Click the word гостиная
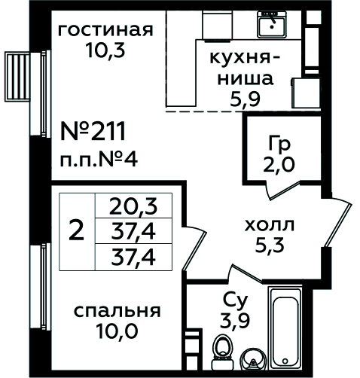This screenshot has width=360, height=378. pos(105,31)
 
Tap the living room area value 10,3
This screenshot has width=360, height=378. pos(105,50)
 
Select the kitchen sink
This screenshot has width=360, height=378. pos(272,24)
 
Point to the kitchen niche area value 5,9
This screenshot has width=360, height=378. pos(245,99)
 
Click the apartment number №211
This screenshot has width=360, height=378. pos(93,131)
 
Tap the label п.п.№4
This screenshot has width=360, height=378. pos(99,160)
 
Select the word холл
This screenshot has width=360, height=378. pos(269,225)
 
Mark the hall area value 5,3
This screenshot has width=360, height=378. pos(270,245)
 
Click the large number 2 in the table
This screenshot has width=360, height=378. pos(77,231)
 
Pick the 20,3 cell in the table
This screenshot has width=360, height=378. pos(133,206)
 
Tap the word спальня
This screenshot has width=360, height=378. pos(117,312)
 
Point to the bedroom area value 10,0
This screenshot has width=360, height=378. pos(117,331)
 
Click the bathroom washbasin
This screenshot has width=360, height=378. pos(252,359)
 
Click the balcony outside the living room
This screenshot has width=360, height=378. pos(17,76)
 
